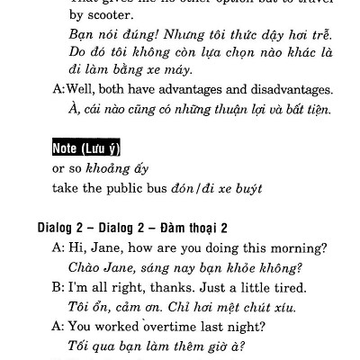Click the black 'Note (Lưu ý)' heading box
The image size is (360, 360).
(87, 148)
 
